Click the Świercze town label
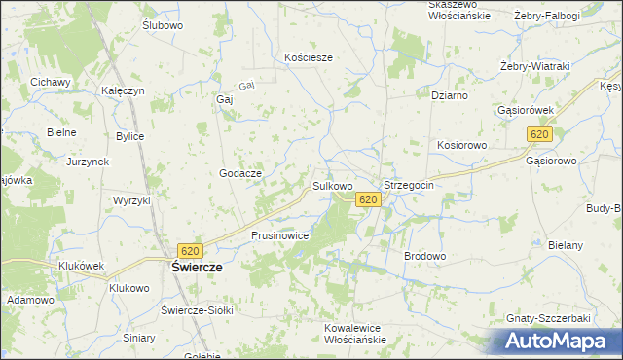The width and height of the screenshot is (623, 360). click(197, 267)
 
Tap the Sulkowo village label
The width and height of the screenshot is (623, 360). click(332, 184)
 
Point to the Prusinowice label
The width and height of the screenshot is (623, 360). click(280, 235)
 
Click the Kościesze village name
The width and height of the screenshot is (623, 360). click(309, 57)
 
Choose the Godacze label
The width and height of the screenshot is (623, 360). click(239, 172)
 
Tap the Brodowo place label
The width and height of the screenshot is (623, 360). click(424, 256)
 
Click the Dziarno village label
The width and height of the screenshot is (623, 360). click(450, 96)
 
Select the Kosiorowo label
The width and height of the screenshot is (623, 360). click(461, 144)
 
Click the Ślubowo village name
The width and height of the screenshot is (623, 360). click(163, 25)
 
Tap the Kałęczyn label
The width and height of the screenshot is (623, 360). click(124, 90)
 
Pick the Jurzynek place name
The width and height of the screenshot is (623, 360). click(88, 162)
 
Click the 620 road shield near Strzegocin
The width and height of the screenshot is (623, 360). click(367, 199)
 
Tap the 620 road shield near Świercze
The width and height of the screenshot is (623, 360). click(190, 249)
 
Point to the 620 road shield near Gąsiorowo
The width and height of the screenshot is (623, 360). click(540, 134)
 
